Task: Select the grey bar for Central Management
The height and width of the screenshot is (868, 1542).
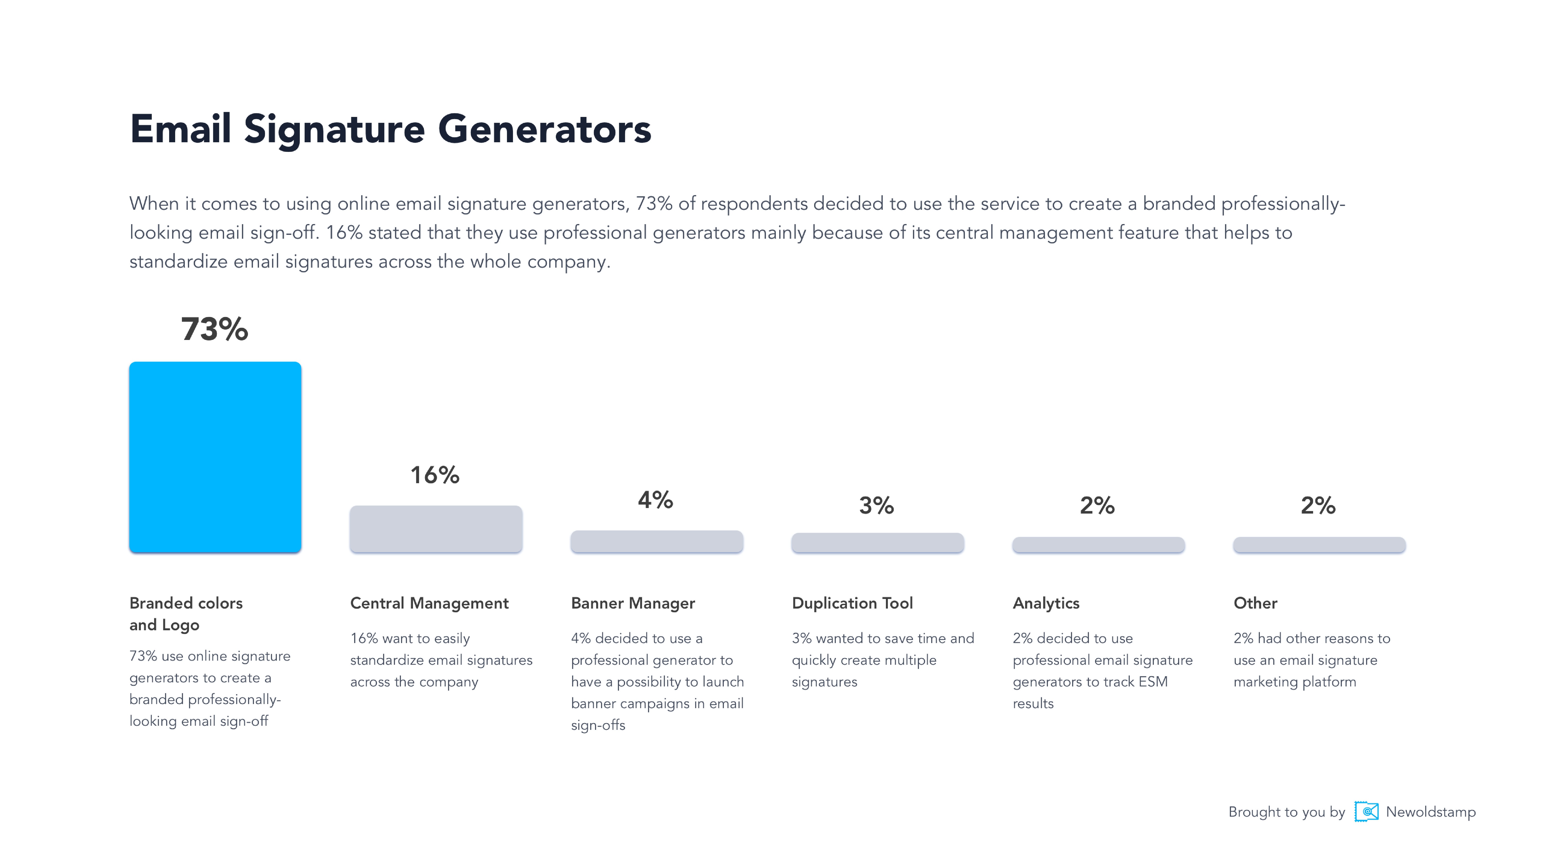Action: tap(436, 529)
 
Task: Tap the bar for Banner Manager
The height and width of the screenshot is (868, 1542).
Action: tap(657, 542)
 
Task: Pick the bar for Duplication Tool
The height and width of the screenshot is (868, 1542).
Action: tap(877, 543)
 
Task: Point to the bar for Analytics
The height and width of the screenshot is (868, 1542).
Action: tap(1098, 544)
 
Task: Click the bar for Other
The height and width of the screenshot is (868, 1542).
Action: tap(1319, 544)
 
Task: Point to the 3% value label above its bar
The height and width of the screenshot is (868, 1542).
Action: tap(876, 506)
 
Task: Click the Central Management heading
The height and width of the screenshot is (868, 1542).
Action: tap(429, 603)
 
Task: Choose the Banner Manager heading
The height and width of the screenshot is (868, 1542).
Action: tap(633, 603)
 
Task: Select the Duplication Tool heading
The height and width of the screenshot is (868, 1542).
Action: tap(852, 603)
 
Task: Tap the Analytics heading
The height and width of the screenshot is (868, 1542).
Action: tap(1046, 603)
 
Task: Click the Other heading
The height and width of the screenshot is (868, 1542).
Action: tap(1255, 603)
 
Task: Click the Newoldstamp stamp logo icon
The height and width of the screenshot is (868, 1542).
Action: tap(1367, 812)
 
